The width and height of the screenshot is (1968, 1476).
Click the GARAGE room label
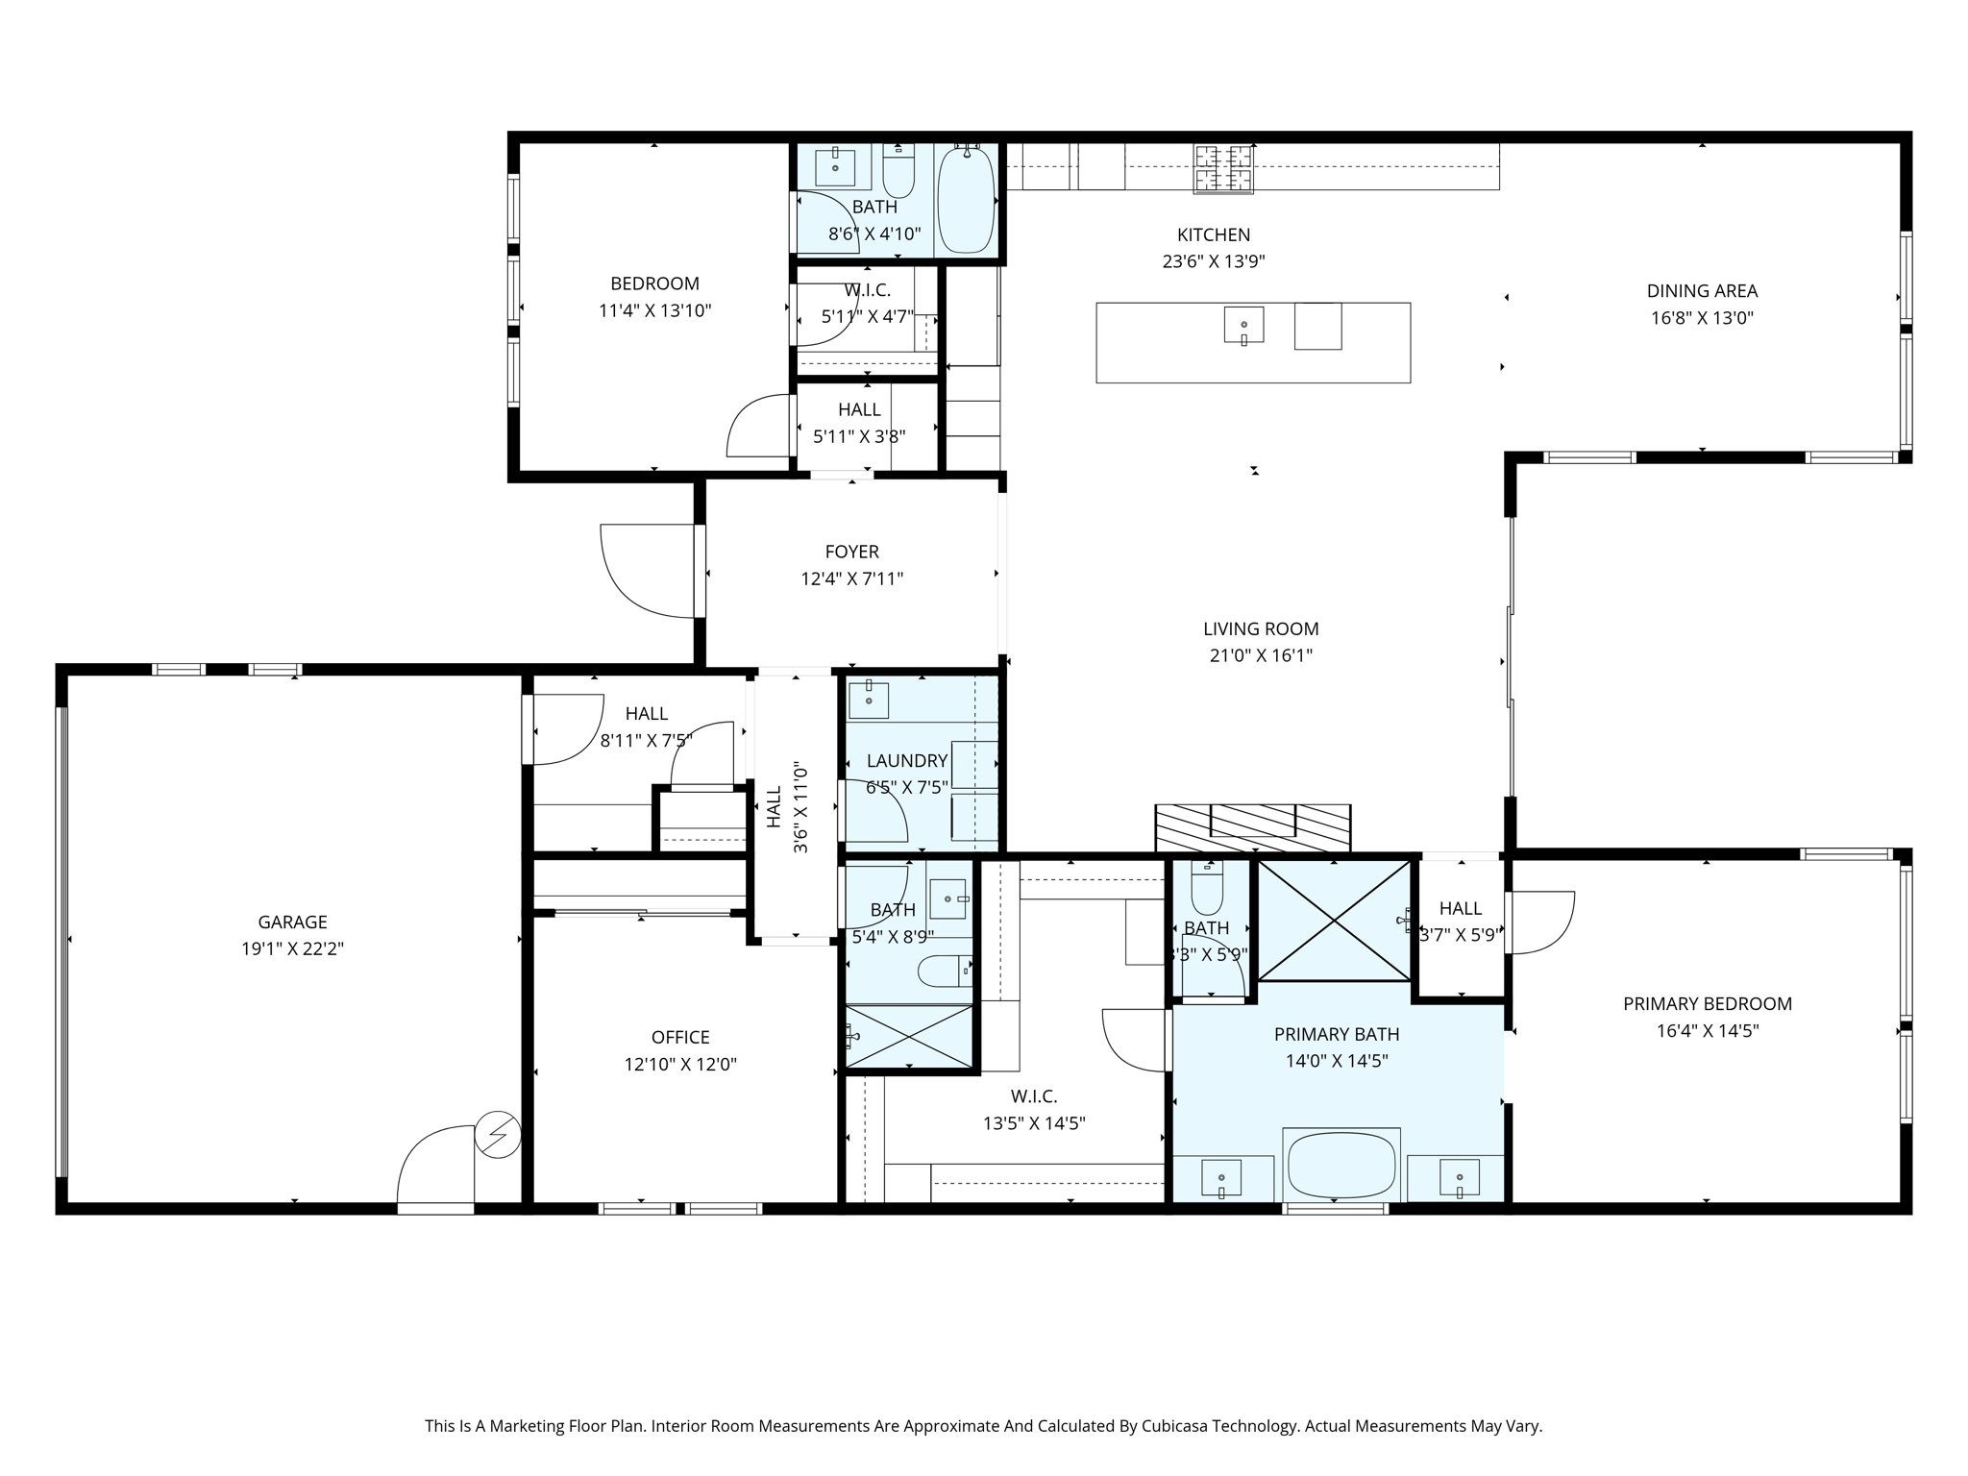pos(292,922)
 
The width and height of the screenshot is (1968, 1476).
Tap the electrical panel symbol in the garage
pos(498,1135)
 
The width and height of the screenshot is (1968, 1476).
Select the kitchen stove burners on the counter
pos(1223,168)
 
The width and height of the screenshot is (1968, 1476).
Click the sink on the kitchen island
pos(1243,325)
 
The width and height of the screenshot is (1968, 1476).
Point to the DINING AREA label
pos(1702,290)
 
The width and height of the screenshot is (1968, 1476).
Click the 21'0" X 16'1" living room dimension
pos(1261,655)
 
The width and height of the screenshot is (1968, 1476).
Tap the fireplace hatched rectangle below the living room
pos(1253,827)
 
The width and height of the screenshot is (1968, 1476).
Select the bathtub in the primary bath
pos(1341,1166)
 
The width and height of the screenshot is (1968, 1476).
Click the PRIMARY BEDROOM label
pos(1708,1003)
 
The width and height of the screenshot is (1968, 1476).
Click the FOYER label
pos(851,552)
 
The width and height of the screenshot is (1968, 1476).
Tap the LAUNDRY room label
pos(907,760)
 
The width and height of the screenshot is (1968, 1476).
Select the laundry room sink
pos(868,700)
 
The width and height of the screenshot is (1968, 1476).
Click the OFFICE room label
pos(680,1037)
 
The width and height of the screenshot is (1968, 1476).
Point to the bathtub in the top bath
pos(966,200)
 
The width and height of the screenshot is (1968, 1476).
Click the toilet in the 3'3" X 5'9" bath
pos(1207,888)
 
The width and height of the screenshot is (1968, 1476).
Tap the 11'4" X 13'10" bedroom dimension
pos(654,310)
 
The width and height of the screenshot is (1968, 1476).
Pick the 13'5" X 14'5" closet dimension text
pos(1034,1122)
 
